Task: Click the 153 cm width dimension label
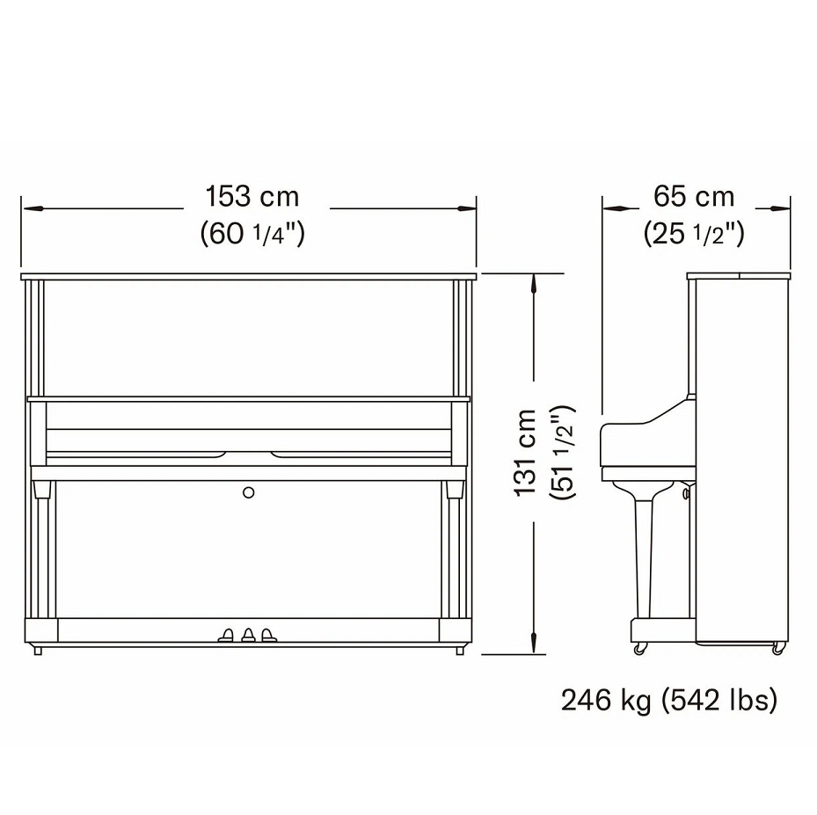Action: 252,196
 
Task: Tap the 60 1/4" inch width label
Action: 252,233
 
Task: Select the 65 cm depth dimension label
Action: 694,196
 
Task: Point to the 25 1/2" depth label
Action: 694,233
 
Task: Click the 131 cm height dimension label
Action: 525,452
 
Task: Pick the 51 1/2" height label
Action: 563,452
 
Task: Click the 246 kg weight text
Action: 606,701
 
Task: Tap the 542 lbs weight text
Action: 719,701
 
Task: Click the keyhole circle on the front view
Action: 249,492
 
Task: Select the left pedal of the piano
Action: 227,635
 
